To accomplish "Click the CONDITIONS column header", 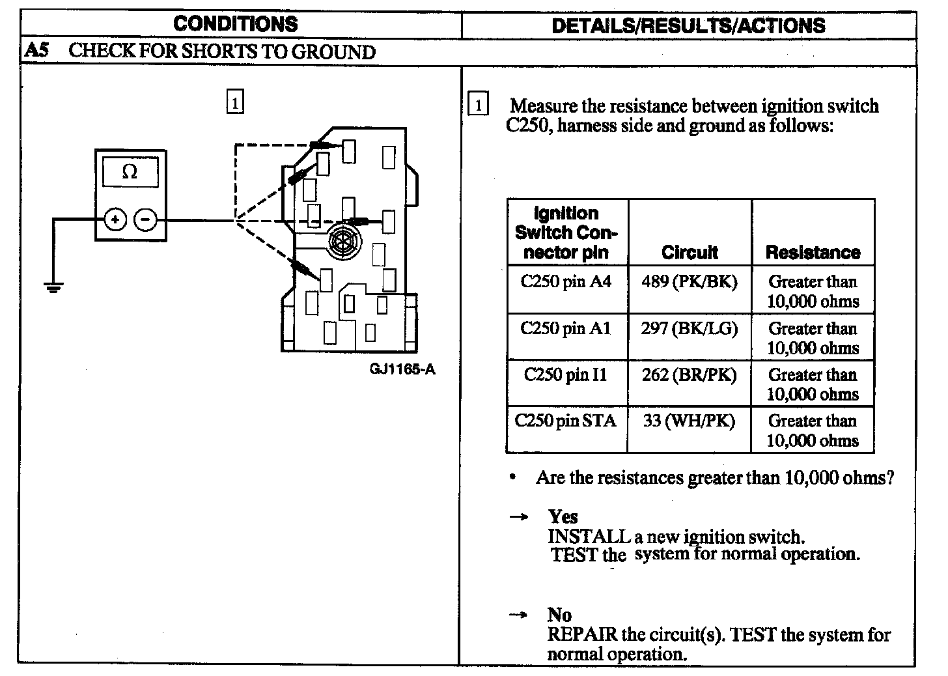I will pyautogui.click(x=235, y=25).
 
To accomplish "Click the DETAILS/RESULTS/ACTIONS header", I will pyautogui.click(x=688, y=25).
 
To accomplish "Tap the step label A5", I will pyautogui.click(x=36, y=51).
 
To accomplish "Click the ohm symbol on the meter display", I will pyautogui.click(x=130, y=172).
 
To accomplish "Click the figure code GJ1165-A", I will pyautogui.click(x=402, y=370).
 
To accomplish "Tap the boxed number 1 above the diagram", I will pyautogui.click(x=234, y=103).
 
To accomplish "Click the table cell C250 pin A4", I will pyautogui.click(x=566, y=282).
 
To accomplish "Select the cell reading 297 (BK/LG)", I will pyautogui.click(x=689, y=328).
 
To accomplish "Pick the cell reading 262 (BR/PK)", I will pyautogui.click(x=689, y=375).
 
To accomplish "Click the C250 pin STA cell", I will pyautogui.click(x=565, y=421).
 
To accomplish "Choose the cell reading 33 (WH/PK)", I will pyautogui.click(x=689, y=421).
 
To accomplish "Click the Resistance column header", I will pyautogui.click(x=813, y=253).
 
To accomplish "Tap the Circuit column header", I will pyautogui.click(x=690, y=253).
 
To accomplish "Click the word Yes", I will pyautogui.click(x=563, y=517).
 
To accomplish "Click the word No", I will pyautogui.click(x=559, y=615).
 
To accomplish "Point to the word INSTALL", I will pyautogui.click(x=589, y=537).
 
